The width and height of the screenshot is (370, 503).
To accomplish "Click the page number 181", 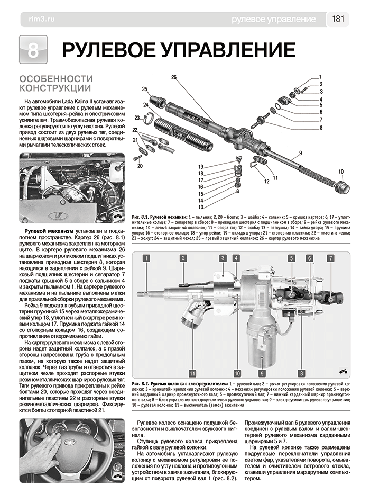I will pyautogui.click(x=339, y=19).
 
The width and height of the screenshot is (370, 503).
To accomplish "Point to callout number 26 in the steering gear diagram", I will pyautogui.click(x=173, y=78).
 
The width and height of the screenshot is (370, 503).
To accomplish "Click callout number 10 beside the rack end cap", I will pyautogui.click(x=341, y=171).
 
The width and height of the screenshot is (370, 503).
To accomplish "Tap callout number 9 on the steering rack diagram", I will pyautogui.click(x=299, y=153).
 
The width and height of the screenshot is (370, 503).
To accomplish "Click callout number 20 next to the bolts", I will pyautogui.click(x=140, y=166).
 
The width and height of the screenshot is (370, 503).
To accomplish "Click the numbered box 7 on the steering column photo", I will pyautogui.click(x=330, y=258).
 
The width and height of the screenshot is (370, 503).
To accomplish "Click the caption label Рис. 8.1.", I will pyautogui.click(x=138, y=218).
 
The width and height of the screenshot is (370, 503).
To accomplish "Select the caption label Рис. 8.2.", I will pyautogui.click(x=139, y=382).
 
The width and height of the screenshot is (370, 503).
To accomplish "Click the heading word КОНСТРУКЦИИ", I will pyautogui.click(x=55, y=87).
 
